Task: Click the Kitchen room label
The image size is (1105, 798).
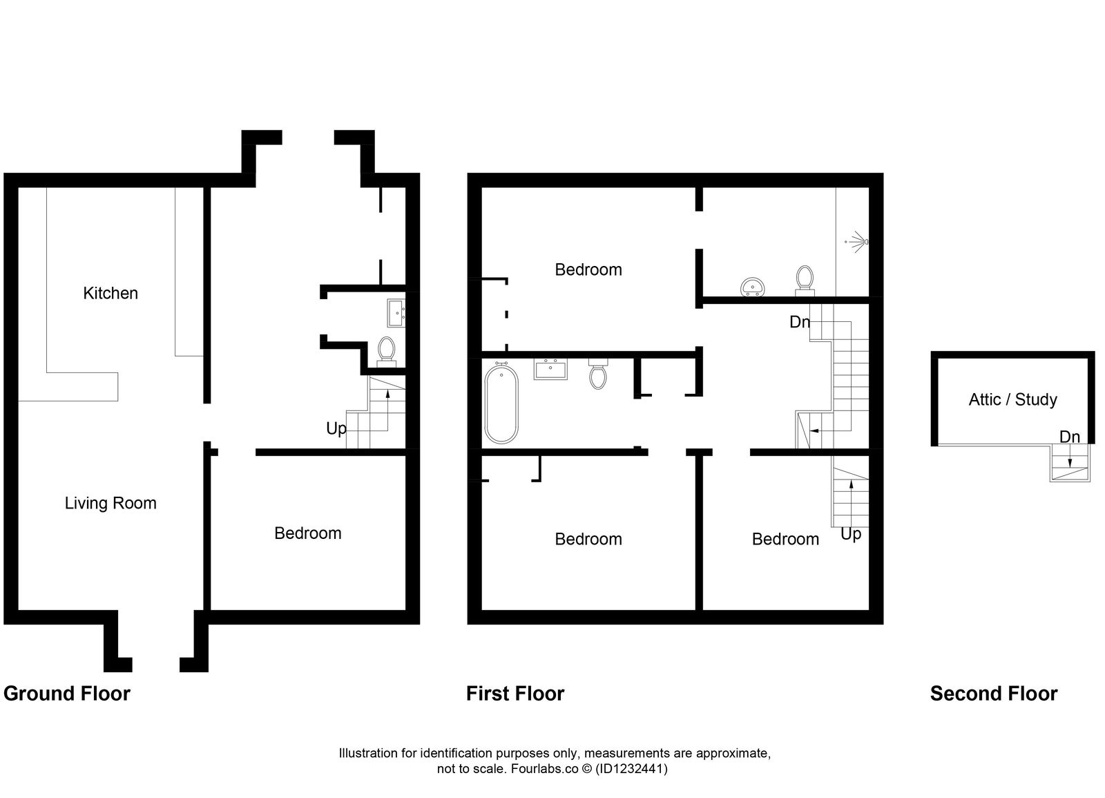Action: click(x=110, y=293)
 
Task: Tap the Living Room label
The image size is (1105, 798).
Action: click(x=110, y=503)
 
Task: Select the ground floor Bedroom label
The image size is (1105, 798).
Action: click(x=307, y=533)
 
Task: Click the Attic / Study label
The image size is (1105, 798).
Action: click(x=1012, y=399)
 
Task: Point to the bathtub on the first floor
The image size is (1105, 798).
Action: click(x=501, y=403)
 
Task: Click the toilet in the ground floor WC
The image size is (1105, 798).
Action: click(x=387, y=350)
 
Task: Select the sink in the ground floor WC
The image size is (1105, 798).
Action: click(x=396, y=312)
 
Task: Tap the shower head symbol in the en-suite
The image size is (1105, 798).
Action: click(x=858, y=242)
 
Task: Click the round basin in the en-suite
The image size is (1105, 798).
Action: click(x=752, y=285)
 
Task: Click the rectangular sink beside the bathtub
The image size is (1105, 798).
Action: click(x=550, y=369)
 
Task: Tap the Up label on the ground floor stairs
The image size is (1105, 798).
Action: click(x=336, y=428)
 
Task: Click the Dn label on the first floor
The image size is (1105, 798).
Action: click(x=800, y=321)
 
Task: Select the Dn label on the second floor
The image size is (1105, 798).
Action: click(x=1069, y=437)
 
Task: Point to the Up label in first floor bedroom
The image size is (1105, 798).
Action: click(x=851, y=534)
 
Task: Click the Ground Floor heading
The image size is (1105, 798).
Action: click(x=67, y=693)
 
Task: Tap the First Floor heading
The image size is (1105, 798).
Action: click(x=515, y=693)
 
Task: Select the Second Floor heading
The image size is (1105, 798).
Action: click(x=993, y=693)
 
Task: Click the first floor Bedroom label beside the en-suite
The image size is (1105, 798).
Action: click(x=588, y=269)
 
